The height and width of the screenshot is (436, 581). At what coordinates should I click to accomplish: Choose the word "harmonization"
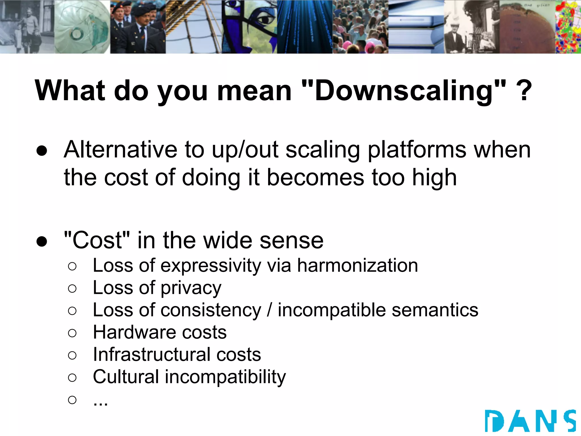[357, 266]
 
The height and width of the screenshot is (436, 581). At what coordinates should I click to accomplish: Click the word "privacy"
[191, 288]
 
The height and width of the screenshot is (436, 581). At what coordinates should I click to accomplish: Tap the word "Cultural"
[126, 377]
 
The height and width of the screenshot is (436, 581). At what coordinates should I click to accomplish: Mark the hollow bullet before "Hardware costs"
[72, 333]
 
